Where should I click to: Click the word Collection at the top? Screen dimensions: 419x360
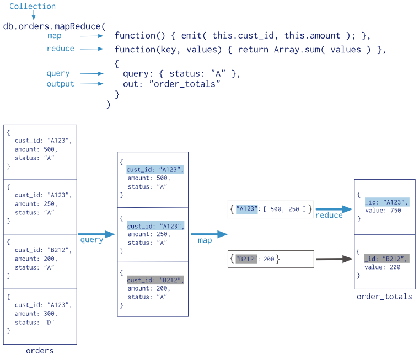click(x=33, y=6)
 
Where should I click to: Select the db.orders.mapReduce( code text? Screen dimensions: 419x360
click(x=55, y=26)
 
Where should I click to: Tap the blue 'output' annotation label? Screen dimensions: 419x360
click(x=60, y=84)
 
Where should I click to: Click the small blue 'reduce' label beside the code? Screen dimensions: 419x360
click(x=61, y=49)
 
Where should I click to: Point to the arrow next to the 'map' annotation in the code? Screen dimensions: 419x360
click(x=92, y=36)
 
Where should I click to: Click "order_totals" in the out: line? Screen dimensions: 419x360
click(x=185, y=84)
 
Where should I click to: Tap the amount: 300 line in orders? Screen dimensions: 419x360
click(x=36, y=314)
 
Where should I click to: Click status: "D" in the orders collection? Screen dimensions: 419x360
click(x=35, y=323)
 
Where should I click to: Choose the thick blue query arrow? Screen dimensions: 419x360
click(x=96, y=234)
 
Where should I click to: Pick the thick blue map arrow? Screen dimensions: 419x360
click(x=209, y=234)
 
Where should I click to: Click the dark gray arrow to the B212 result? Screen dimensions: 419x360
click(x=334, y=259)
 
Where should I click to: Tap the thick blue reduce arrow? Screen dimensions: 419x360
click(x=334, y=209)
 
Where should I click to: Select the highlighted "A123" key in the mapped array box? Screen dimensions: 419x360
click(x=246, y=209)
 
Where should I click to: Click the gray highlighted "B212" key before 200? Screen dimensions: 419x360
click(x=246, y=259)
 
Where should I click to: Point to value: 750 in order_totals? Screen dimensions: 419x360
click(x=383, y=211)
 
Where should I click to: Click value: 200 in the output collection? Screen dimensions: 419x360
click(x=382, y=267)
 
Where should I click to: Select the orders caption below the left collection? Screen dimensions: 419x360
click(x=40, y=351)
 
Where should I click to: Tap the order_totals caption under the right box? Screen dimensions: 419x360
click(x=384, y=297)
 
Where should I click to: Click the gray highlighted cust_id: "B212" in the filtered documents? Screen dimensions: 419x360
click(x=155, y=280)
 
